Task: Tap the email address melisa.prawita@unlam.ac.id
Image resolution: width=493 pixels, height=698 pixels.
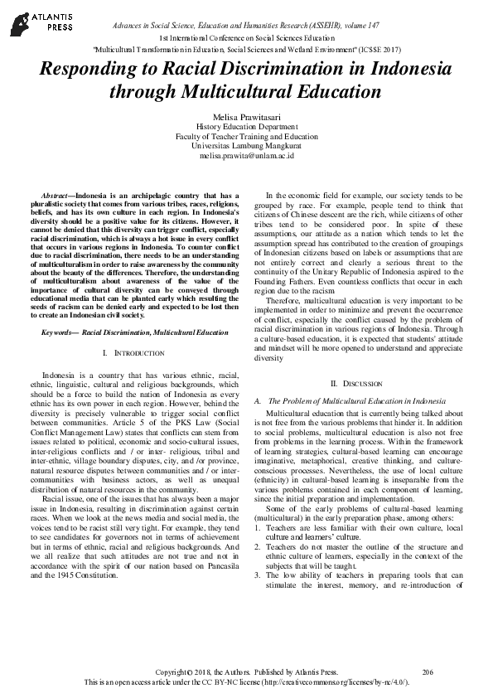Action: tap(246, 156)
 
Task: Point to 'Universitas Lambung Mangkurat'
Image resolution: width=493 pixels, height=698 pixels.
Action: tap(246, 146)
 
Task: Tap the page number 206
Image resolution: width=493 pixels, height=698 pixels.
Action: tap(428, 671)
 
